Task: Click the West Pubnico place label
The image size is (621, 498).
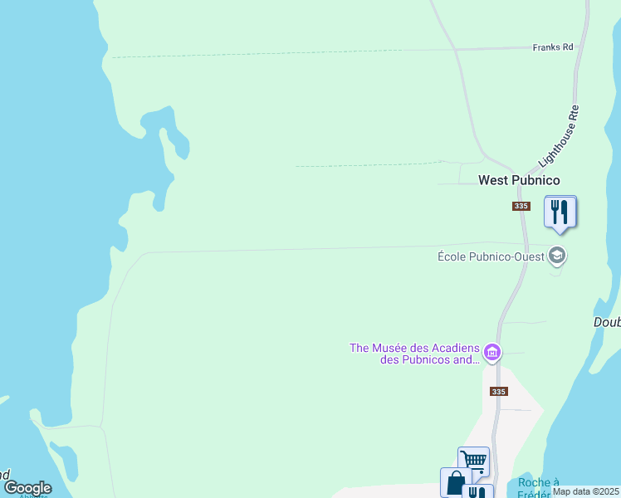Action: point(519,180)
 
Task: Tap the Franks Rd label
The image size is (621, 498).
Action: point(553,48)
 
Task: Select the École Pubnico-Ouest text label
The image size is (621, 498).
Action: point(491,256)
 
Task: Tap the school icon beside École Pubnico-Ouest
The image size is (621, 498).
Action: point(558,256)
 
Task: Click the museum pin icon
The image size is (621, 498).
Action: point(492,354)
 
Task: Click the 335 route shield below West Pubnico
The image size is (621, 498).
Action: point(521,206)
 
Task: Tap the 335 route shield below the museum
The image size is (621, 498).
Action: point(498,392)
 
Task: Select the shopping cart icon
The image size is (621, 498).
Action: point(473,460)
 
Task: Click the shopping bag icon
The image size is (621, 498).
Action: point(455,482)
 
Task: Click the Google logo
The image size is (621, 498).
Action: point(27,488)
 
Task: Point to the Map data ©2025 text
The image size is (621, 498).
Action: point(585,491)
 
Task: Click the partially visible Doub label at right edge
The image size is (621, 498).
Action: point(607,322)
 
